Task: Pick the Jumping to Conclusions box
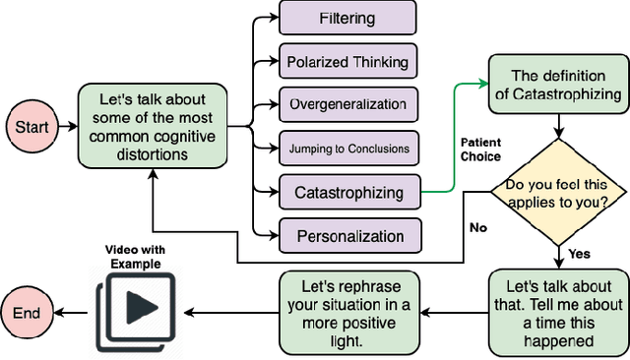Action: (x=349, y=148)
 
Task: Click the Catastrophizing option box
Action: (x=349, y=192)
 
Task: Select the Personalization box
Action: (x=349, y=236)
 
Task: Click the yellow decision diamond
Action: (x=557, y=191)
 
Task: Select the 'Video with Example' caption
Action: (x=135, y=258)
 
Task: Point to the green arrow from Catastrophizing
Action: (x=455, y=138)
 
